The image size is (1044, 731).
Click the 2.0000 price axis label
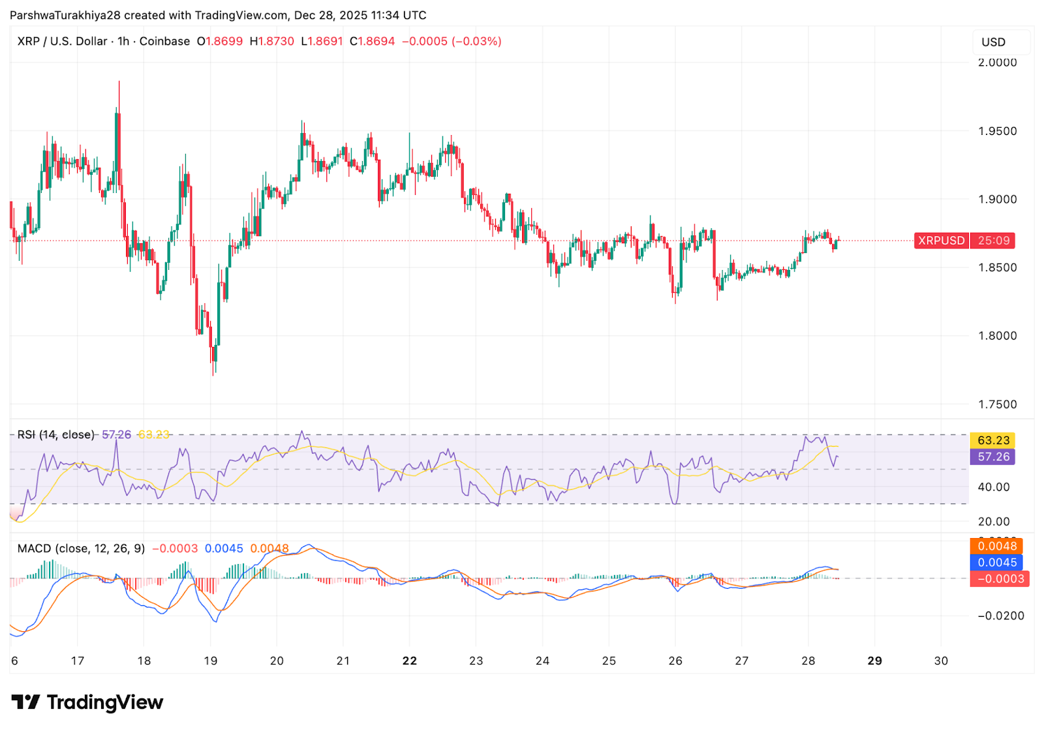point(997,63)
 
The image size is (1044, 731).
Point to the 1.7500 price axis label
point(997,404)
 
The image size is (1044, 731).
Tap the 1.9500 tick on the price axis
point(997,131)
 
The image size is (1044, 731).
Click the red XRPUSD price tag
point(941,241)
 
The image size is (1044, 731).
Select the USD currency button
point(993,42)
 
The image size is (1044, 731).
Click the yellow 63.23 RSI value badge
point(993,440)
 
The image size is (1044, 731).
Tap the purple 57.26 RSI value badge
point(993,457)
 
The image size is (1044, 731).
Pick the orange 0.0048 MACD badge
point(996,546)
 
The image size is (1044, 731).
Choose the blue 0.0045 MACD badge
point(996,563)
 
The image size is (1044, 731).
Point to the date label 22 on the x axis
point(409,661)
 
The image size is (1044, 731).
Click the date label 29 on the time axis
point(874,661)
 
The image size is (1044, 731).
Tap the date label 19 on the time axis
point(210,661)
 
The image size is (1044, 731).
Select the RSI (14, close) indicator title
point(55,435)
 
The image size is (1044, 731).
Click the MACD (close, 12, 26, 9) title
point(81,548)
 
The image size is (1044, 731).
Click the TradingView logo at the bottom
point(87,702)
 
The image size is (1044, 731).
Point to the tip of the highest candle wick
point(119,82)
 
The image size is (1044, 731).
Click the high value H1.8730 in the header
point(272,41)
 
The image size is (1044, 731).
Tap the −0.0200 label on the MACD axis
point(1001,616)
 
